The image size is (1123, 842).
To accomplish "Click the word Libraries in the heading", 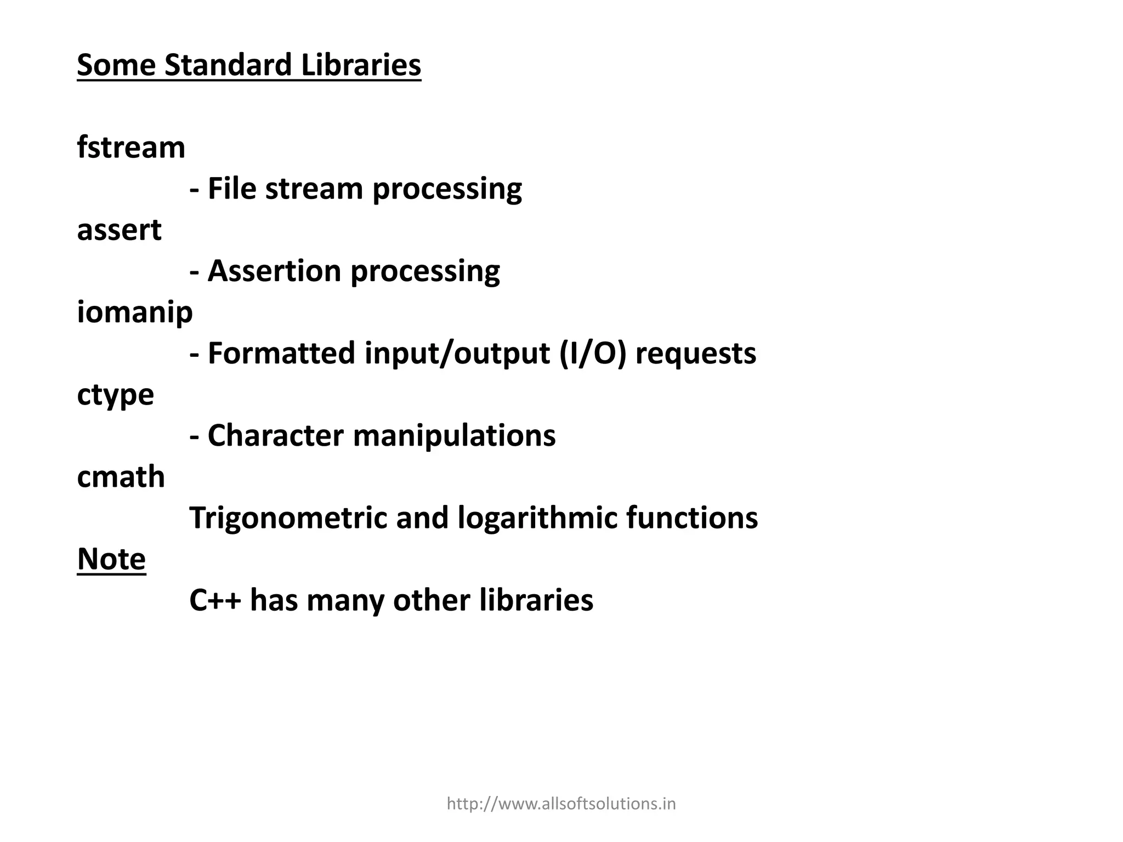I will tap(361, 65).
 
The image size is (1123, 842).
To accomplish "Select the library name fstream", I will tap(131, 147).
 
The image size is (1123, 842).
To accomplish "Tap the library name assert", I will tap(119, 230).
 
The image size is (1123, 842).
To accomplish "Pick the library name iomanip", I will tap(134, 313).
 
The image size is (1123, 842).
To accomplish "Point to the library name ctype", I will tap(115, 395).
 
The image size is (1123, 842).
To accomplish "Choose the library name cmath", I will tap(121, 477).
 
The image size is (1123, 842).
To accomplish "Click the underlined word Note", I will tap(111, 559).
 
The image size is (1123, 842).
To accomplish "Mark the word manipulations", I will tap(454, 436).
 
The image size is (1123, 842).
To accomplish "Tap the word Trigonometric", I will tap(288, 518).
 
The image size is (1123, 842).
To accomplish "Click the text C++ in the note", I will tap(215, 600).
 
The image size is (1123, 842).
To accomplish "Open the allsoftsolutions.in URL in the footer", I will tap(561, 804).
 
